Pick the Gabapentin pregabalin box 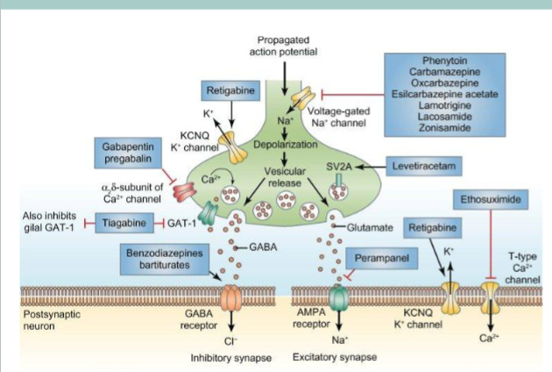click(124, 156)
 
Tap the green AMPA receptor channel click(337, 299)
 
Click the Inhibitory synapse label click(225, 358)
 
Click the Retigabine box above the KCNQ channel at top click(230, 91)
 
